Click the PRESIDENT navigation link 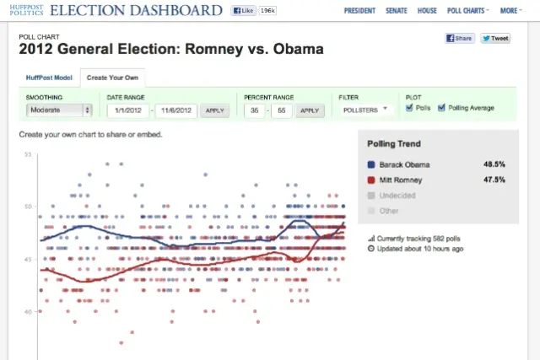pos(361,11)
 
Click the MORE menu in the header pos(510,11)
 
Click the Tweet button pos(495,39)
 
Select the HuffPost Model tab pos(49,78)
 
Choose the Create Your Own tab pos(113,78)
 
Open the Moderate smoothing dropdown pos(59,110)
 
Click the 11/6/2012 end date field pos(177,110)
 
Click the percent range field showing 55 pos(281,110)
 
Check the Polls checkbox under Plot pos(409,108)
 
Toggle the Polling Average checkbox pos(441,108)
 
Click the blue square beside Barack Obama pos(372,164)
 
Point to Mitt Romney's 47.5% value pos(494,180)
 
